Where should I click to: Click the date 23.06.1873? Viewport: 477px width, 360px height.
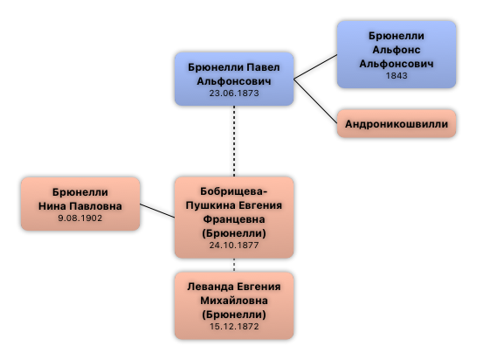coord(234,93)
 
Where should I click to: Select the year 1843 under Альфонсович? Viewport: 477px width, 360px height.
coord(397,75)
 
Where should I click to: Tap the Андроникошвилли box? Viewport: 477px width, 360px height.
coord(397,123)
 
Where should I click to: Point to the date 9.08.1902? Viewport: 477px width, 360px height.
coord(80,218)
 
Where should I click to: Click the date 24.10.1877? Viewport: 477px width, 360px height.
coord(234,245)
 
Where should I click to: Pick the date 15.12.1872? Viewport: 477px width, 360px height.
coord(234,326)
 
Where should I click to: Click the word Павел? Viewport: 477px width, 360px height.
coord(263,67)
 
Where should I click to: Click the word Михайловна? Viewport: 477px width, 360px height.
coord(234,301)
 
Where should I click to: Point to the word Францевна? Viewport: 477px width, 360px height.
coord(234,219)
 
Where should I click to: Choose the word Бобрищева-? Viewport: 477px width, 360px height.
coord(234,191)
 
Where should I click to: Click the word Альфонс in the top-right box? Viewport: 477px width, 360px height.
coord(397,50)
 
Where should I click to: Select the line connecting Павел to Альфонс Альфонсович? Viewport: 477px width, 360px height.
coord(315,67)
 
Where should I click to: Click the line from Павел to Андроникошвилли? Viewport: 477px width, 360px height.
coord(315,101)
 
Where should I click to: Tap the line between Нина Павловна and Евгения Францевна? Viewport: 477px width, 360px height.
coord(157,211)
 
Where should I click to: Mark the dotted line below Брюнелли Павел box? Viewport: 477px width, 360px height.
coord(234,142)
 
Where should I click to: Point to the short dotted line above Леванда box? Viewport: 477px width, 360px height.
coord(234,265)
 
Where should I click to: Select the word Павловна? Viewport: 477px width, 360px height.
coord(95,206)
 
